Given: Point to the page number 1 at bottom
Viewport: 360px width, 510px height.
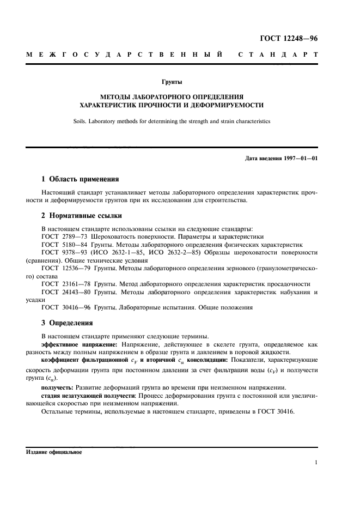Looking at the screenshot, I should (316, 463).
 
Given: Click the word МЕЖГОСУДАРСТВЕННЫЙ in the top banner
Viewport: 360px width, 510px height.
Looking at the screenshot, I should (124, 56).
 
